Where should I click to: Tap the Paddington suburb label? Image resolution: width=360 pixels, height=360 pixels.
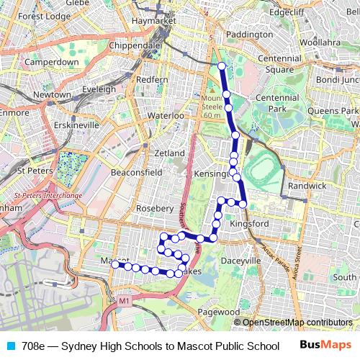248,33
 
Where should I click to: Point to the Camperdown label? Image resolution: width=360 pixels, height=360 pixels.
51,63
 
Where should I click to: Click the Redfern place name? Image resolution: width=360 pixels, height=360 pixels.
152,79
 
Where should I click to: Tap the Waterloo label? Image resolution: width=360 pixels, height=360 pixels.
166,115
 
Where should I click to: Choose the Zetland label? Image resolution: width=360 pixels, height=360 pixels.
170,153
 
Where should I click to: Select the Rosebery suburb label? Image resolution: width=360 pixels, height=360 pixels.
155,208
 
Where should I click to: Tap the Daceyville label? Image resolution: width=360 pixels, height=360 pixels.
241,260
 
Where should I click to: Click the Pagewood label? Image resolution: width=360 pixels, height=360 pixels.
218,312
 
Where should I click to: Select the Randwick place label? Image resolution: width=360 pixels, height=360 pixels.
307,185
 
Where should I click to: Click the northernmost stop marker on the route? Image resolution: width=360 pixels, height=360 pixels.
222,67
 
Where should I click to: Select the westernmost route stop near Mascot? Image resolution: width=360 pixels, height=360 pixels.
115,264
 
